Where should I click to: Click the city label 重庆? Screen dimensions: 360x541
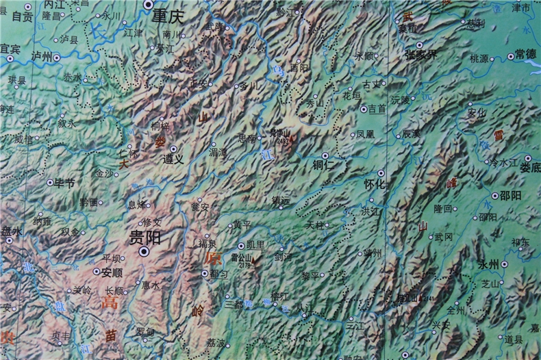169,14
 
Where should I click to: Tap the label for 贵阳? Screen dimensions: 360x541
144,237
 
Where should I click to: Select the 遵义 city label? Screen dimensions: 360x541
173,159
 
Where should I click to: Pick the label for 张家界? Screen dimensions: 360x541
420,54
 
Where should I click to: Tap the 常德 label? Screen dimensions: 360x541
526,54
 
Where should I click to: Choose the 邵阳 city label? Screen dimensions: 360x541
510,195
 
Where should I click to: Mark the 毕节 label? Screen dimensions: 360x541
64,183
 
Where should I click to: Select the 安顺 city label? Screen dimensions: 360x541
112,272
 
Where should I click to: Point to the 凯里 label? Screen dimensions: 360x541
255,245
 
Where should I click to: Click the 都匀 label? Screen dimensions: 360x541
220,273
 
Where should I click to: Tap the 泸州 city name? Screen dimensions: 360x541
42,55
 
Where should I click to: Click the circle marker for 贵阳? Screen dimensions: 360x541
144,252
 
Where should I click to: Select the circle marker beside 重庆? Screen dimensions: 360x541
149,5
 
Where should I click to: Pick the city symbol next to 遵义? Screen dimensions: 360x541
173,148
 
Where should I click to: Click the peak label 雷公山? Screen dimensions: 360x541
242,258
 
